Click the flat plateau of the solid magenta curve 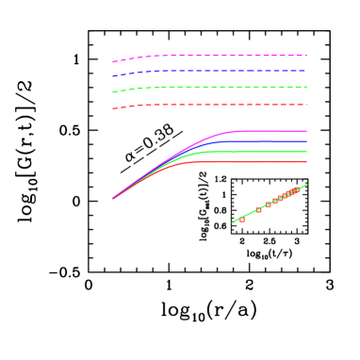[x=273, y=131]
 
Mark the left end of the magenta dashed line [x=113, y=62]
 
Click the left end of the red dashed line [x=113, y=109]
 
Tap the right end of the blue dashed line [x=306, y=71]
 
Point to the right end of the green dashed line [x=306, y=88]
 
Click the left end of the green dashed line [x=113, y=92]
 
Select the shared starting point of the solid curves [x=113, y=198]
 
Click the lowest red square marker [x=242, y=219]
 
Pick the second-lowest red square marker [x=258, y=210]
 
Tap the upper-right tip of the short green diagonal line [x=306, y=185]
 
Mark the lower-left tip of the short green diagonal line [x=233, y=222]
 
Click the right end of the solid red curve [x=306, y=162]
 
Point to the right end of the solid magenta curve [x=306, y=131]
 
